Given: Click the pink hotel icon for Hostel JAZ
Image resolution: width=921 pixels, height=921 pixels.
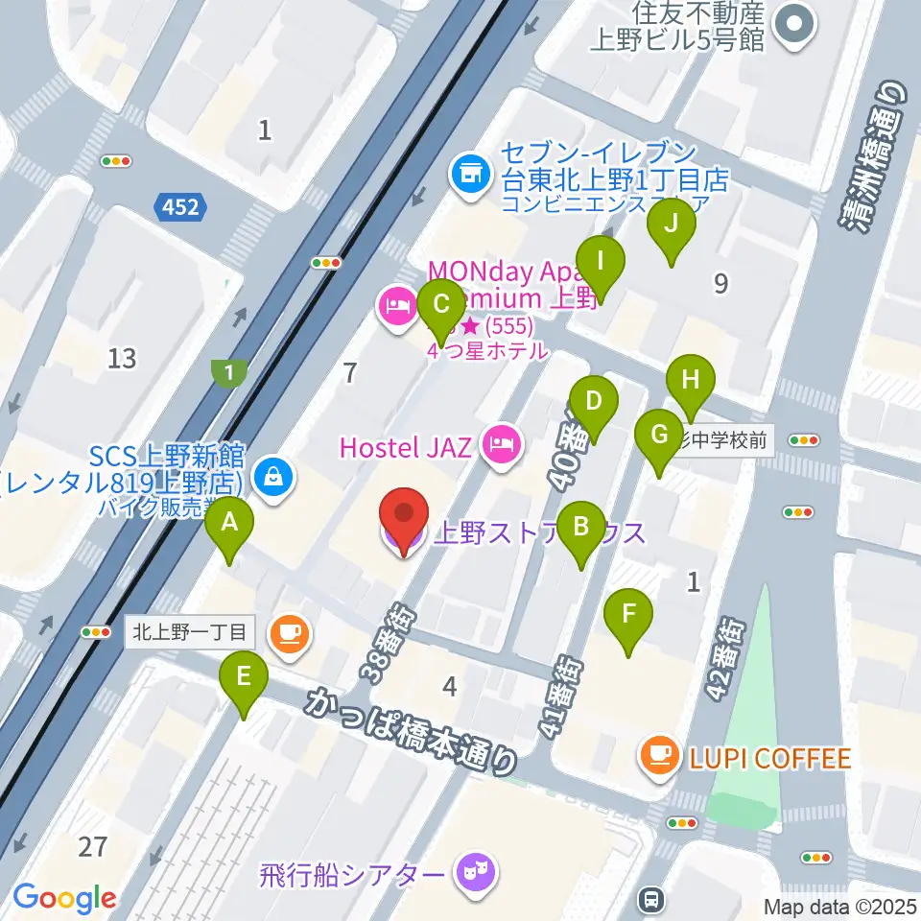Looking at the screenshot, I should click(x=501, y=443).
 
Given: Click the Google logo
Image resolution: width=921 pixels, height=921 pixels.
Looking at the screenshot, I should click(x=64, y=897).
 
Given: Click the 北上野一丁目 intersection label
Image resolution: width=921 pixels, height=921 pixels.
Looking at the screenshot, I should click(x=191, y=632).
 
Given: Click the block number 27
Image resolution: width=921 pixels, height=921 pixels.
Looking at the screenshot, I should click(x=93, y=846).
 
